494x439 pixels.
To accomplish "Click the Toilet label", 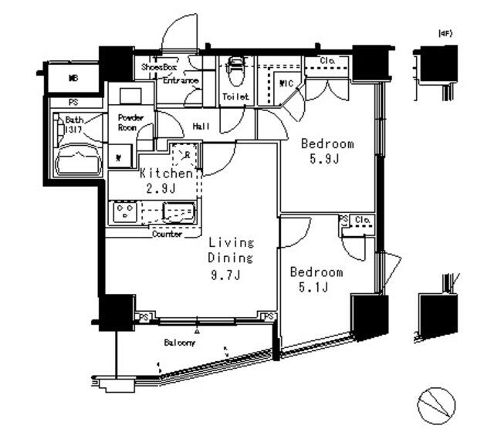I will pos(235,97).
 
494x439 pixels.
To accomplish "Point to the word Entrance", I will pos(181,80).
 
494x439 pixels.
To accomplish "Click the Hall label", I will pos(201,127).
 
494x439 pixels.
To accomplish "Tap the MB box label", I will pos(73,78).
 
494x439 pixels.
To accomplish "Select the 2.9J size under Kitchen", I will pos(162,187).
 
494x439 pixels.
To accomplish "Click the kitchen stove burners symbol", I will pos(125,212).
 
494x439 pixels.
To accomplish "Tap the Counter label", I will pos(167,234).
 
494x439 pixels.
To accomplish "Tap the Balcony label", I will pos(179,343).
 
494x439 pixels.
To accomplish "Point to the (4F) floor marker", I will pos(445,33).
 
